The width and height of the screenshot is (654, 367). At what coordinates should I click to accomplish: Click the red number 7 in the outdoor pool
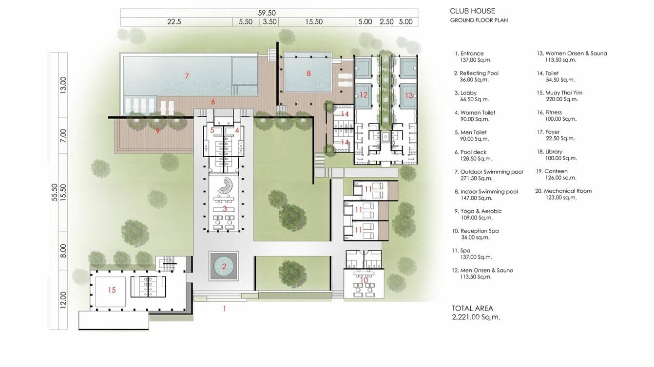tap(187, 76)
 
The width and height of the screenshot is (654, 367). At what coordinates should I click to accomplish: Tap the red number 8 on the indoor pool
tap(308, 73)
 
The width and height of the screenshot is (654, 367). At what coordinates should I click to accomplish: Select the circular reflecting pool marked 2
tap(224, 266)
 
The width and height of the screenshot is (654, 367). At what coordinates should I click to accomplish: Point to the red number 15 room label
tap(112, 290)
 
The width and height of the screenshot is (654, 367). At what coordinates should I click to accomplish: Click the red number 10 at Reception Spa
tap(364, 280)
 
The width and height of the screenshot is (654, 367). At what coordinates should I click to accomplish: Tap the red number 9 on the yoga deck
tap(158, 131)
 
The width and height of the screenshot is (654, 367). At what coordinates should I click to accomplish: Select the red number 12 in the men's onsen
tap(364, 95)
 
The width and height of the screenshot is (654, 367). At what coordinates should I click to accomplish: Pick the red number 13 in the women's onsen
tap(409, 95)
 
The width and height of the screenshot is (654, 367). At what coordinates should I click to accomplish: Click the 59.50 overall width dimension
tap(267, 13)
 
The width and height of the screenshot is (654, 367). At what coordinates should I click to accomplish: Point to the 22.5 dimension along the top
tap(174, 22)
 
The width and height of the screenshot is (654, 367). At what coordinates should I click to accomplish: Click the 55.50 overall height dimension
tap(55, 192)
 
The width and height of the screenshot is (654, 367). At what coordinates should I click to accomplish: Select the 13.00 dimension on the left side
tap(63, 85)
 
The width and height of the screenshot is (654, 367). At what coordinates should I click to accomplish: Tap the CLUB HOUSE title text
tap(472, 11)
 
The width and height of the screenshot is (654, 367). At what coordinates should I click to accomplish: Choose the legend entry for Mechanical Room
tap(563, 194)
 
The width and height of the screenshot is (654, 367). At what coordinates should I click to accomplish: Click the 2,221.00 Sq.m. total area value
tap(476, 317)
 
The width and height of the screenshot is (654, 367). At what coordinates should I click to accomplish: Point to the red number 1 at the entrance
tap(225, 309)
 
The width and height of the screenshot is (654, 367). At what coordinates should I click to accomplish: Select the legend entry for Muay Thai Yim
tap(559, 96)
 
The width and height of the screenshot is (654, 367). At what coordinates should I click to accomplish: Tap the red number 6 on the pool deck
tap(213, 102)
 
